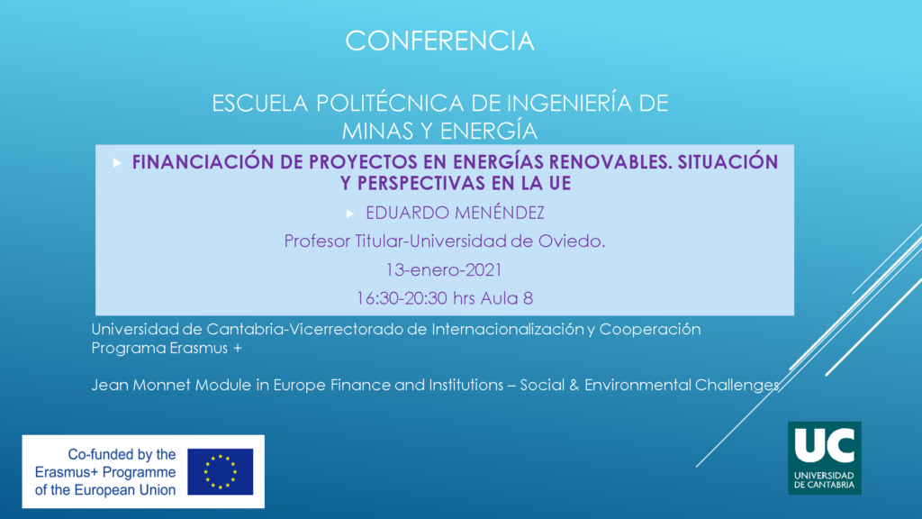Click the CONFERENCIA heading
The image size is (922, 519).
(x=439, y=41)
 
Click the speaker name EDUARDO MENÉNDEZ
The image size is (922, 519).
(x=455, y=213)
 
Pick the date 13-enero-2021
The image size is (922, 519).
(x=443, y=269)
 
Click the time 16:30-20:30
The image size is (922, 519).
(x=401, y=297)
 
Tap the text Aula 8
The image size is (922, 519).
(x=507, y=297)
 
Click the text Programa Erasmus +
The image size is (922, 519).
(x=167, y=348)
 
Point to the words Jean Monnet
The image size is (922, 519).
(x=140, y=385)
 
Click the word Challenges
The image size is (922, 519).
(x=737, y=385)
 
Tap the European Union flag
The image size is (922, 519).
(x=221, y=472)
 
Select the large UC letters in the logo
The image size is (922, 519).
(x=825, y=445)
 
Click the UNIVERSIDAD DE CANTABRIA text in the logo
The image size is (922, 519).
(x=825, y=480)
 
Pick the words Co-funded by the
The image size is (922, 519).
(x=122, y=454)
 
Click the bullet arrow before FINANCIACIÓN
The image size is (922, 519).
(x=117, y=163)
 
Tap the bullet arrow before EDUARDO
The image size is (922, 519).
(x=350, y=214)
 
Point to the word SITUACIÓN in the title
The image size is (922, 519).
(x=728, y=162)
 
